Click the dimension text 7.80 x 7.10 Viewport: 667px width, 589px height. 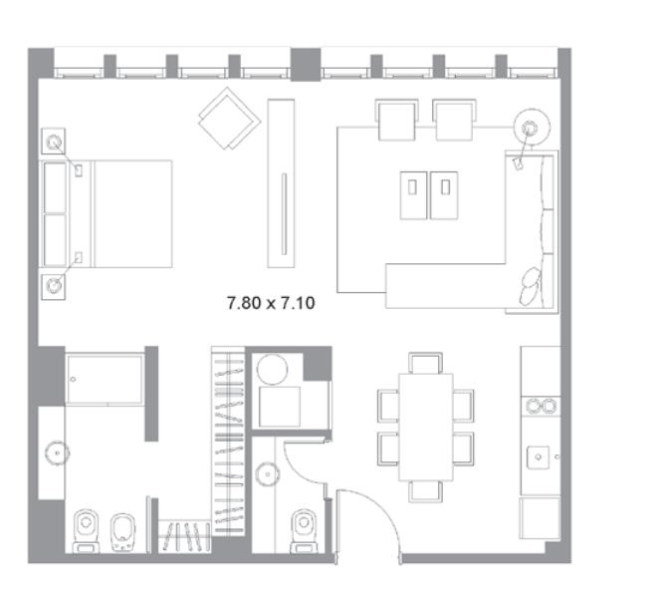point(271,303)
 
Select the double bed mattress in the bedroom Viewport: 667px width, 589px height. point(132,214)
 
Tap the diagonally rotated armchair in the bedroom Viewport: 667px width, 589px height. point(229,119)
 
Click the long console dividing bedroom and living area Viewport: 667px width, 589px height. point(281,183)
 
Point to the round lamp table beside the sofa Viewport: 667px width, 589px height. point(532,128)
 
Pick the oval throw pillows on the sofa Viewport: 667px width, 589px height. point(530,286)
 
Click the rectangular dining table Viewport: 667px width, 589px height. point(426,428)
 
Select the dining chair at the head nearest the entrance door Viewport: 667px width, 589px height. point(425,491)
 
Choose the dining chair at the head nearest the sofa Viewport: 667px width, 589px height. point(425,364)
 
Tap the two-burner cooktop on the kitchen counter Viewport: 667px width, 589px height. point(541,407)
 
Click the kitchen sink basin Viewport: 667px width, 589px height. point(539,457)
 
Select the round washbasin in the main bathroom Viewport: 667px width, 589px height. point(57,453)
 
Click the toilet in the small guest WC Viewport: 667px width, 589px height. point(304,531)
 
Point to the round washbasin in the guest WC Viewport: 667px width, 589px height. point(268,474)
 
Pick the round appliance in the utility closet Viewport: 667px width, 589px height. point(272,369)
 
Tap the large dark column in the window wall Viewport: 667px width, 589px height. point(306,65)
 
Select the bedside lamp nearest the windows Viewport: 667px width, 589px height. point(54,142)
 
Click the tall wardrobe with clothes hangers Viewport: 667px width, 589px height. point(228,441)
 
